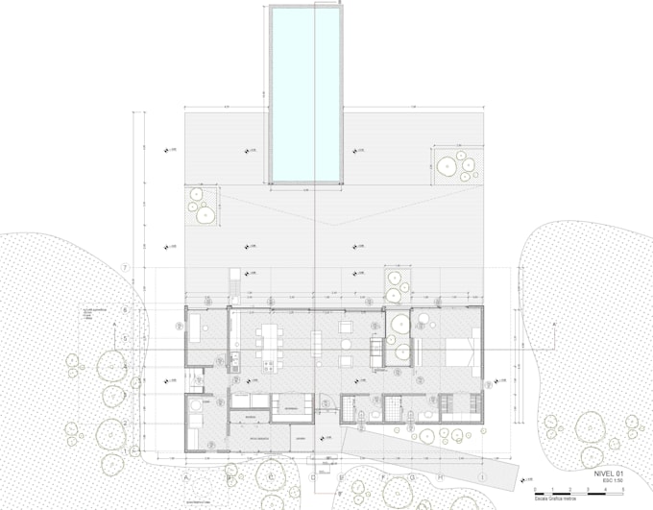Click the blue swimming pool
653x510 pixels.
306,93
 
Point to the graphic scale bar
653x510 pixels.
571,492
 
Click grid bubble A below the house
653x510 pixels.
186,473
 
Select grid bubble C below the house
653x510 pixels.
272,473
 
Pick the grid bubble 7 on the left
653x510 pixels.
124,267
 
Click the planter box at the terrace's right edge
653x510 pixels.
457,164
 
